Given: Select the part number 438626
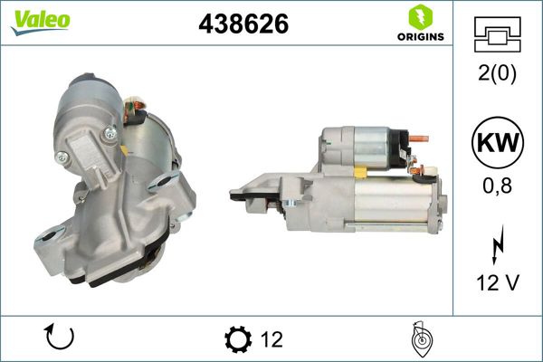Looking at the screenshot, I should [243, 25].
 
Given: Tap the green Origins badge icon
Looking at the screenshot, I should [420, 16].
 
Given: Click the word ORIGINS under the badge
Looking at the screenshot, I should [420, 37].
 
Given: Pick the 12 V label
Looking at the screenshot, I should [497, 283].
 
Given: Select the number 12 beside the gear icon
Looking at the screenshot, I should [271, 339].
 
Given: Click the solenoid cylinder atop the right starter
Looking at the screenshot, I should [371, 145].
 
